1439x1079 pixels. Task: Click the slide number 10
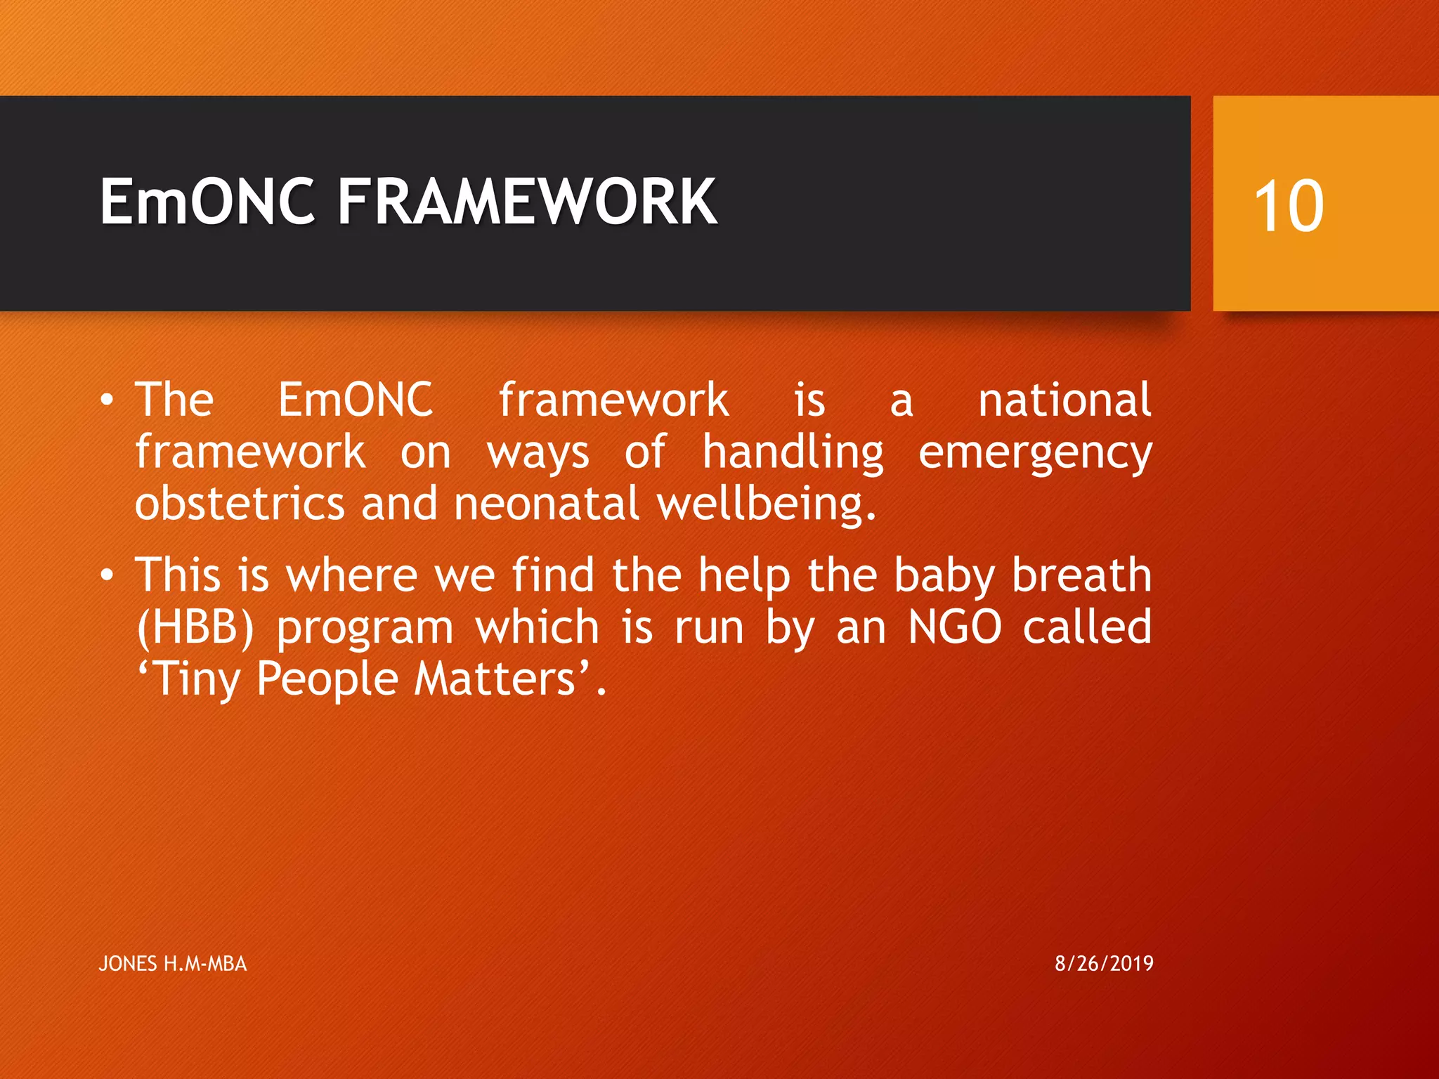(1289, 206)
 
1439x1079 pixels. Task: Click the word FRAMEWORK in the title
(527, 202)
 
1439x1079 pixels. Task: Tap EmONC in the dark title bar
(207, 202)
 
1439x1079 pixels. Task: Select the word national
(1064, 400)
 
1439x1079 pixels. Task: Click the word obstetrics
(240, 504)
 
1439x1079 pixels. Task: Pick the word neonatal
(547, 504)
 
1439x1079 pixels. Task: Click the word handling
(793, 453)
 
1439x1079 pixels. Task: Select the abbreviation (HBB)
(195, 627)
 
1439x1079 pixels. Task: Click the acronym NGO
(954, 627)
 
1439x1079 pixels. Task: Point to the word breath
(1081, 575)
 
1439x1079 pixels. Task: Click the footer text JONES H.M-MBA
(173, 964)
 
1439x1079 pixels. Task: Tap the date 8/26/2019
(1104, 963)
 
